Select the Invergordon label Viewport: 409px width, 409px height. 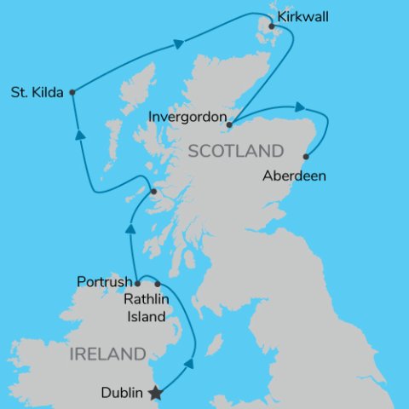tap(187, 117)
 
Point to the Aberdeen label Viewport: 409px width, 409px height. tap(296, 177)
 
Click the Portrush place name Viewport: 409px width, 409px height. tap(104, 281)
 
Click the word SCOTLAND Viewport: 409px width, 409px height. tap(235, 152)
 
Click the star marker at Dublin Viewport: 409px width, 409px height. tap(155, 393)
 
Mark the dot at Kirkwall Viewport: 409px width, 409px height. tap(272, 27)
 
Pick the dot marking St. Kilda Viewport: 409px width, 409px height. tap(72, 92)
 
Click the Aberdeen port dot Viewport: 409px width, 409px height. tap(306, 156)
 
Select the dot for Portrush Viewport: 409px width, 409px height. tap(137, 281)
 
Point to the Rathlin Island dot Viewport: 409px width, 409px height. tap(158, 284)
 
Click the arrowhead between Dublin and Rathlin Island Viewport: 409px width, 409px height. tap(188, 364)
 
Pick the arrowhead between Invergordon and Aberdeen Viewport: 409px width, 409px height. tap(300, 107)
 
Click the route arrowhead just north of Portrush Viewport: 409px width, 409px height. tap(131, 227)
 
